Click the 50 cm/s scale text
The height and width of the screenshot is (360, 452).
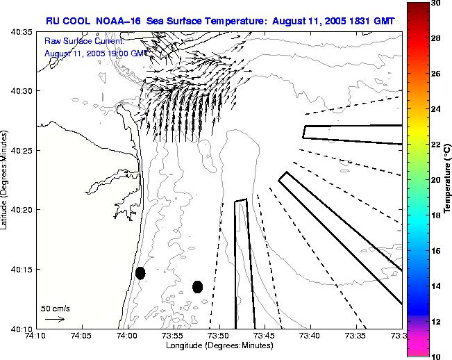pyautogui.click(x=55, y=308)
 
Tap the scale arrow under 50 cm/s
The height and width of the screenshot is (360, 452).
pyautogui.click(x=55, y=319)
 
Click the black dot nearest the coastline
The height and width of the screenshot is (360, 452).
pyautogui.click(x=140, y=273)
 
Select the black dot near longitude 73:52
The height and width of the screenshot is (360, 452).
pyautogui.click(x=197, y=286)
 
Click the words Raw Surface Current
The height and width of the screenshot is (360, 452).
pyautogui.click(x=83, y=42)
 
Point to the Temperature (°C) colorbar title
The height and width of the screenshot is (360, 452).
pyautogui.click(x=449, y=179)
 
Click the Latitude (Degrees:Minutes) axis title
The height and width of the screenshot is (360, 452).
pyautogui.click(x=6, y=179)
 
